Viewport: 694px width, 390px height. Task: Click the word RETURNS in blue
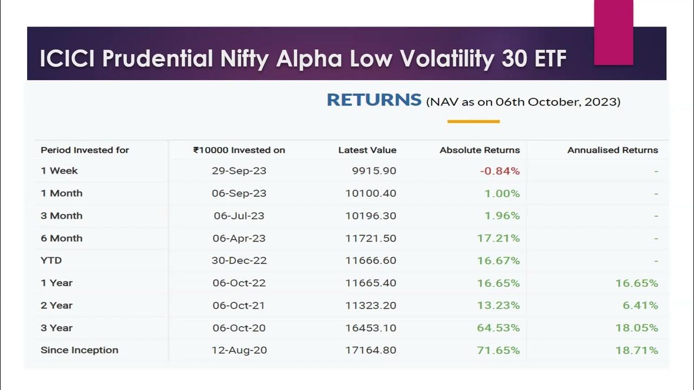coord(374,100)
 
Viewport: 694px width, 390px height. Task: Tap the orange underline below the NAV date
coord(473,121)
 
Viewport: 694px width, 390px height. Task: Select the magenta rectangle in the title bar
coord(613,32)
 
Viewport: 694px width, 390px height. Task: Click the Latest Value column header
coord(367,150)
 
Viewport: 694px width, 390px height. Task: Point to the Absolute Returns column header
coord(479,150)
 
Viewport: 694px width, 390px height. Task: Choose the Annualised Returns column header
coord(612,150)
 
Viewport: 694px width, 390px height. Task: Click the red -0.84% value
coord(499,171)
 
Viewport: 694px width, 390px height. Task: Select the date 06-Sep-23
coord(239,193)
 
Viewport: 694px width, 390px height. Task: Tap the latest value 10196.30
coord(371,216)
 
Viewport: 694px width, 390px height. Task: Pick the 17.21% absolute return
coord(498,238)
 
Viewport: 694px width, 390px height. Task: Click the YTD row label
coord(51,261)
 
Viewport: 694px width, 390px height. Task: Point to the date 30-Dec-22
coord(239,261)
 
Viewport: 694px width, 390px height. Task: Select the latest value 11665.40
coord(371,283)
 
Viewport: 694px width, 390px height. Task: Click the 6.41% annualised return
coord(640,305)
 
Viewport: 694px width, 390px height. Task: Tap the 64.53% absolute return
coord(498,328)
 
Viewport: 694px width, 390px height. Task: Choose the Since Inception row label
coord(79,350)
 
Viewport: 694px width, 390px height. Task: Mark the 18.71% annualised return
coord(637,350)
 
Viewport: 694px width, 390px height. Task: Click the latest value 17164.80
coord(371,350)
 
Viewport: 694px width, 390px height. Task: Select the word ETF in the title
coord(545,58)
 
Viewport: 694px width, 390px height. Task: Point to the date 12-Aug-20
coord(239,350)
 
